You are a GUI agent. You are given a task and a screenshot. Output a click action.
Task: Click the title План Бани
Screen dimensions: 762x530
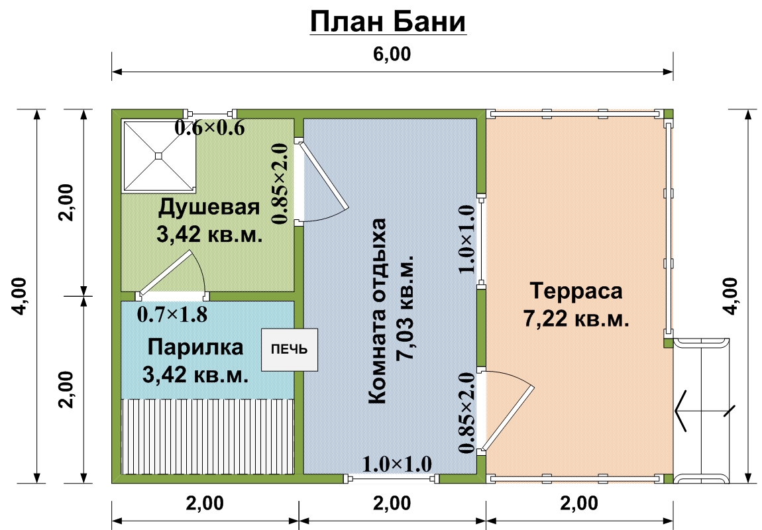[388, 22]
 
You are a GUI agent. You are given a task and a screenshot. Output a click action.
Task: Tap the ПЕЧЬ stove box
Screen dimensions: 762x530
[290, 350]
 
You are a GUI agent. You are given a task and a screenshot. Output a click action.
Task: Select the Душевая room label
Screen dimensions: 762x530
[209, 207]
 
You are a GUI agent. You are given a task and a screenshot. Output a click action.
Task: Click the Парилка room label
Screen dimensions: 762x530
[195, 347]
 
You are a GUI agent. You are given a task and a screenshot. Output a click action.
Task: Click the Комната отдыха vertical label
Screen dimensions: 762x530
[377, 311]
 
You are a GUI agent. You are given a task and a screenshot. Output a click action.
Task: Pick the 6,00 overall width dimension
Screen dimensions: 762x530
[392, 54]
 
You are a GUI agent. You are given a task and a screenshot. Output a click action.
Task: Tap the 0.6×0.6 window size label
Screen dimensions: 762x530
[209, 129]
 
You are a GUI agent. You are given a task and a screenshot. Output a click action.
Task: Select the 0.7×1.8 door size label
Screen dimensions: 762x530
[172, 314]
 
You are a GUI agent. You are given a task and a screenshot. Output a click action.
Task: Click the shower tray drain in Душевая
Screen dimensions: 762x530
[158, 156]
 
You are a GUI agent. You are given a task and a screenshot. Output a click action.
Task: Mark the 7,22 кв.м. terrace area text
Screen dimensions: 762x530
[576, 319]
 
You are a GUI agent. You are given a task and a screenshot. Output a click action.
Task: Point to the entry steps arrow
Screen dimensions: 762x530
[704, 411]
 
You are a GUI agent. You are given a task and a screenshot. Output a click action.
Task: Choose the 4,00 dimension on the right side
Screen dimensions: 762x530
[730, 296]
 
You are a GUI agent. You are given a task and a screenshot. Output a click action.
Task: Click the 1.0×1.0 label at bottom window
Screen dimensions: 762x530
[397, 464]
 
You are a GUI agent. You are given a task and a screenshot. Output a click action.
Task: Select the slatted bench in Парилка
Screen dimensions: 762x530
[207, 436]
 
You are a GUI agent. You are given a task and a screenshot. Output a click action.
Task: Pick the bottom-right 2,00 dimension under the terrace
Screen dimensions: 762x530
[579, 503]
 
